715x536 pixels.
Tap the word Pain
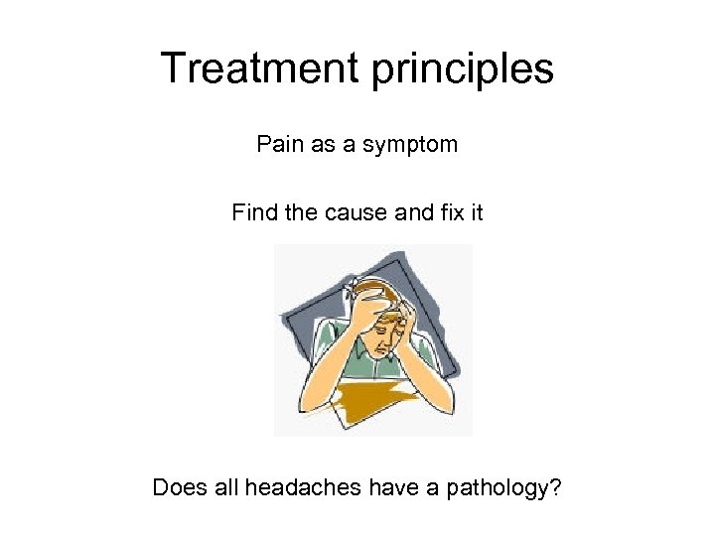click(x=279, y=144)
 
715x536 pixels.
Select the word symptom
click(x=410, y=146)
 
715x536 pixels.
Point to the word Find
click(x=253, y=211)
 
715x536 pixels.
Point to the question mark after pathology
click(x=553, y=487)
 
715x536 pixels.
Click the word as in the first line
click(x=316, y=144)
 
